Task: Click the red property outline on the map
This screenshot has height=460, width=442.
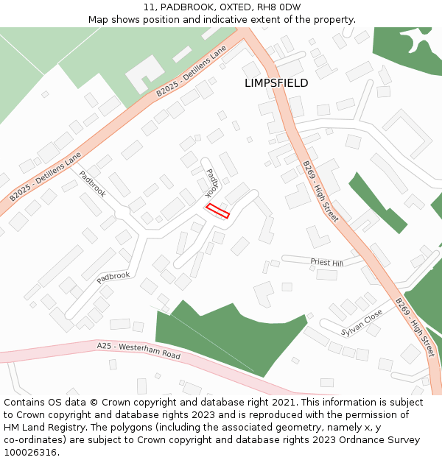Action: click(x=217, y=211)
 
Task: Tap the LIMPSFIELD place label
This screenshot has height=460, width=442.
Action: click(x=276, y=83)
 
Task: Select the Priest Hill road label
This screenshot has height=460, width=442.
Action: click(x=326, y=262)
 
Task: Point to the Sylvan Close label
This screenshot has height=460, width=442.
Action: click(x=362, y=321)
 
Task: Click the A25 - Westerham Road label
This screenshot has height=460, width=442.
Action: click(x=138, y=350)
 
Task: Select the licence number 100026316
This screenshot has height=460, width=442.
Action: click(x=29, y=453)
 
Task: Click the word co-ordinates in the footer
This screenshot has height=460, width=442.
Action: click(x=33, y=440)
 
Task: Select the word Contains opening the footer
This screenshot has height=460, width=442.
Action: click(x=25, y=403)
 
